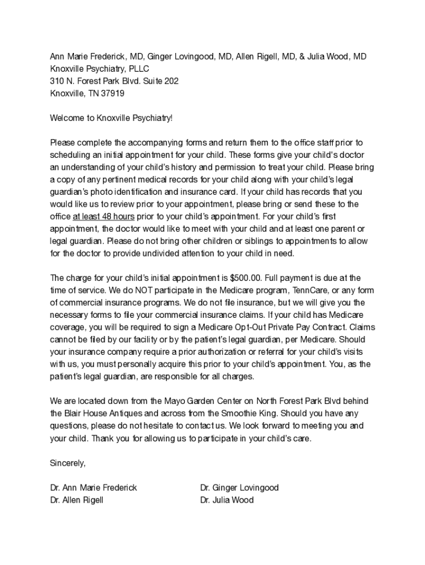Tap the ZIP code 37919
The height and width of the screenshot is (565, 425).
coord(113,93)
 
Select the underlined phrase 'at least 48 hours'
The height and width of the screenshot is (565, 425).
coord(103,216)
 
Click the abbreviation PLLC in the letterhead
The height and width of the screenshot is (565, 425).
coord(138,69)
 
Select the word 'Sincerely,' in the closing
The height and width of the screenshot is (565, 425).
coord(68,463)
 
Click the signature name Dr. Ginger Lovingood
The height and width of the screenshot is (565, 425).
coord(240,488)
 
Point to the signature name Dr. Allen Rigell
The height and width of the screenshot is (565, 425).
coord(76,500)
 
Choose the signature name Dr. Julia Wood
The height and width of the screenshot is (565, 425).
coord(227,500)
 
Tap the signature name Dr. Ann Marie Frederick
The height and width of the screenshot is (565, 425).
coord(93,488)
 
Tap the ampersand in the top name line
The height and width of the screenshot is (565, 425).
coord(303,57)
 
